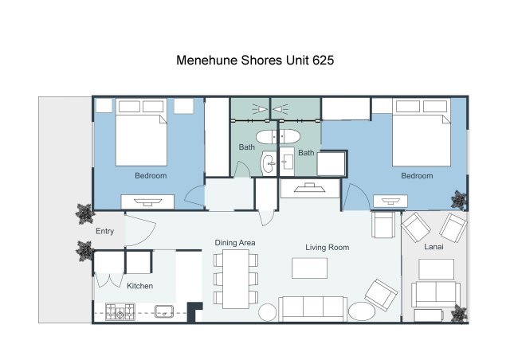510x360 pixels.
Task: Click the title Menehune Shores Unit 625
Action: pyautogui.click(x=255, y=61)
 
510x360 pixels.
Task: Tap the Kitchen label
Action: pyautogui.click(x=140, y=286)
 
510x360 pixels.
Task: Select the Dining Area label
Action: pyautogui.click(x=235, y=243)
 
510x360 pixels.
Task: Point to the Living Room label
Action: pyautogui.click(x=328, y=248)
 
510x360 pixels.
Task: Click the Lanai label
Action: pyautogui.click(x=433, y=246)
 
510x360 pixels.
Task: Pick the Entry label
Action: pyautogui.click(x=104, y=231)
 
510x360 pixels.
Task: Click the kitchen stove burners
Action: pyautogui.click(x=120, y=311)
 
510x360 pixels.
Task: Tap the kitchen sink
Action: pyautogui.click(x=164, y=311)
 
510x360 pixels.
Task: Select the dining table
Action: pyautogui.click(x=236, y=279)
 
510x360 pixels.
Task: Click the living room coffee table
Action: pyautogui.click(x=310, y=268)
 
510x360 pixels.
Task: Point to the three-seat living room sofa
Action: pyautogui.click(x=312, y=308)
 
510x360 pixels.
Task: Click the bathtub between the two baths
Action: pyautogui.click(x=278, y=137)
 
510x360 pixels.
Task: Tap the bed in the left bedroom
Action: pyautogui.click(x=142, y=132)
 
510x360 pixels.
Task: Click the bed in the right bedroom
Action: pyautogui.click(x=422, y=132)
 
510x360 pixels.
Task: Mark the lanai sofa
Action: pyautogui.click(x=436, y=295)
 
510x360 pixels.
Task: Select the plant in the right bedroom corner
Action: pyautogui.click(x=459, y=199)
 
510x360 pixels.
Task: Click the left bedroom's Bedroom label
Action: pyautogui.click(x=151, y=175)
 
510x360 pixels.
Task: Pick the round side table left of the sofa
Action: pyautogui.click(x=268, y=312)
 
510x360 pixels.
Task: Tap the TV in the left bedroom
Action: pyautogui.click(x=147, y=202)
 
